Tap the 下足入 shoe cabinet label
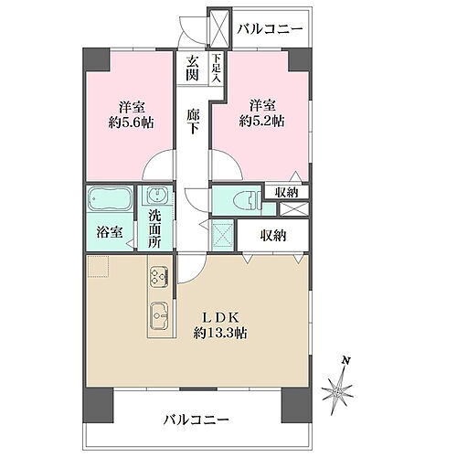tap(216, 69)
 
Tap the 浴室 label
tap(110, 233)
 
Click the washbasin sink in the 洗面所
tap(154, 197)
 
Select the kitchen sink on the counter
tap(157, 315)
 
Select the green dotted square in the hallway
tap(222, 235)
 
